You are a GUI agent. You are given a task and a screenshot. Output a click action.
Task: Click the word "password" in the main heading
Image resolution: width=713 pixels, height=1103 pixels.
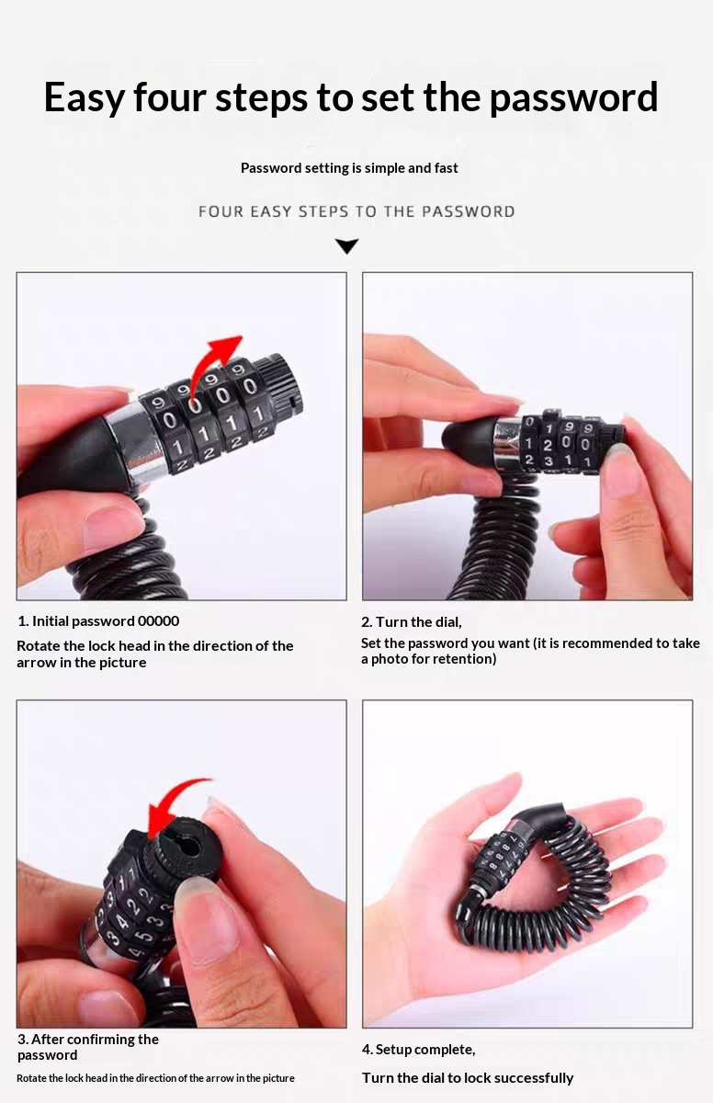[573, 98]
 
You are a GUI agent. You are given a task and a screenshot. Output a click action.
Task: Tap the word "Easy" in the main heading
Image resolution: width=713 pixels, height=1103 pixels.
[85, 98]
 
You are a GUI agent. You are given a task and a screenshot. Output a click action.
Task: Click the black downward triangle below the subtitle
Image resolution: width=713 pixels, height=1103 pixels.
[347, 245]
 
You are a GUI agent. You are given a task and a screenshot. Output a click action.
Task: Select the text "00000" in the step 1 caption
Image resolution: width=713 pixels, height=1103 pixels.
[158, 621]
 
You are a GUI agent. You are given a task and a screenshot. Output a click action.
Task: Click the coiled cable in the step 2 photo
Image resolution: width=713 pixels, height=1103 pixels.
[502, 541]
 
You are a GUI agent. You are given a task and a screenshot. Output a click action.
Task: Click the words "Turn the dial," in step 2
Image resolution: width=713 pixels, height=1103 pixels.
[412, 622]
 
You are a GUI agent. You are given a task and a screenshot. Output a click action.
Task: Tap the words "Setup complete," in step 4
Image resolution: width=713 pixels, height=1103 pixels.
[418, 1050]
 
